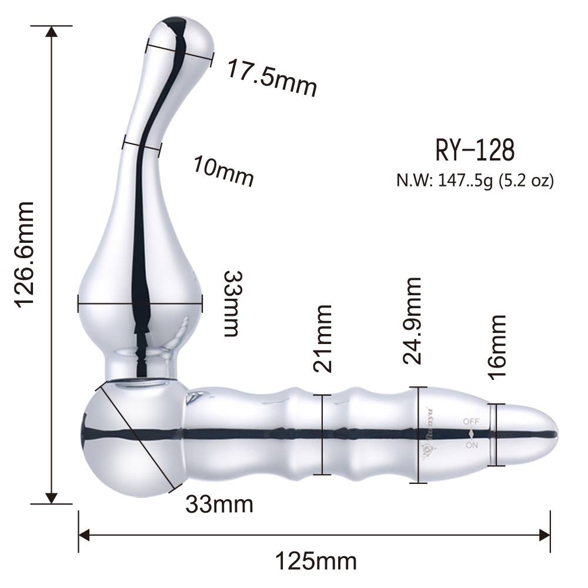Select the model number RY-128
(x=475, y=151)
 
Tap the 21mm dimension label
(x=323, y=338)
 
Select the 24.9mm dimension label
(x=413, y=321)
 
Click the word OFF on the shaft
(x=471, y=421)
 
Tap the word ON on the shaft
(x=472, y=445)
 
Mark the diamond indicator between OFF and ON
(x=471, y=433)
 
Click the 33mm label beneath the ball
(x=219, y=504)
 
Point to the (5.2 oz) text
(x=526, y=181)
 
